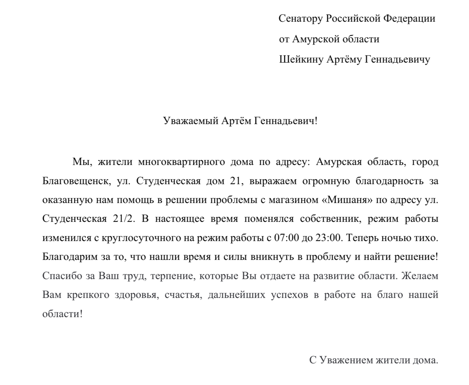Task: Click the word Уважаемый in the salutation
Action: coord(190,121)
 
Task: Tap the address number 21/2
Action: coord(124,219)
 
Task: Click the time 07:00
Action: coord(286,237)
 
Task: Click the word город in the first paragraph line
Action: coord(425,162)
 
